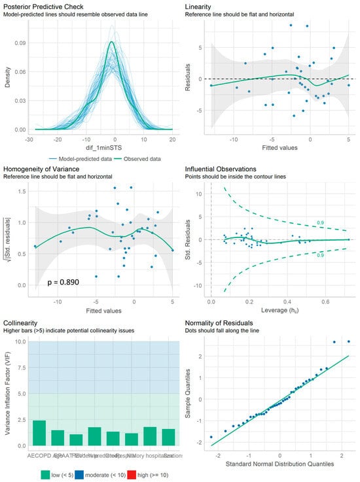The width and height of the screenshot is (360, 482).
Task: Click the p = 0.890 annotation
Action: pyautogui.click(x=67, y=282)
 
